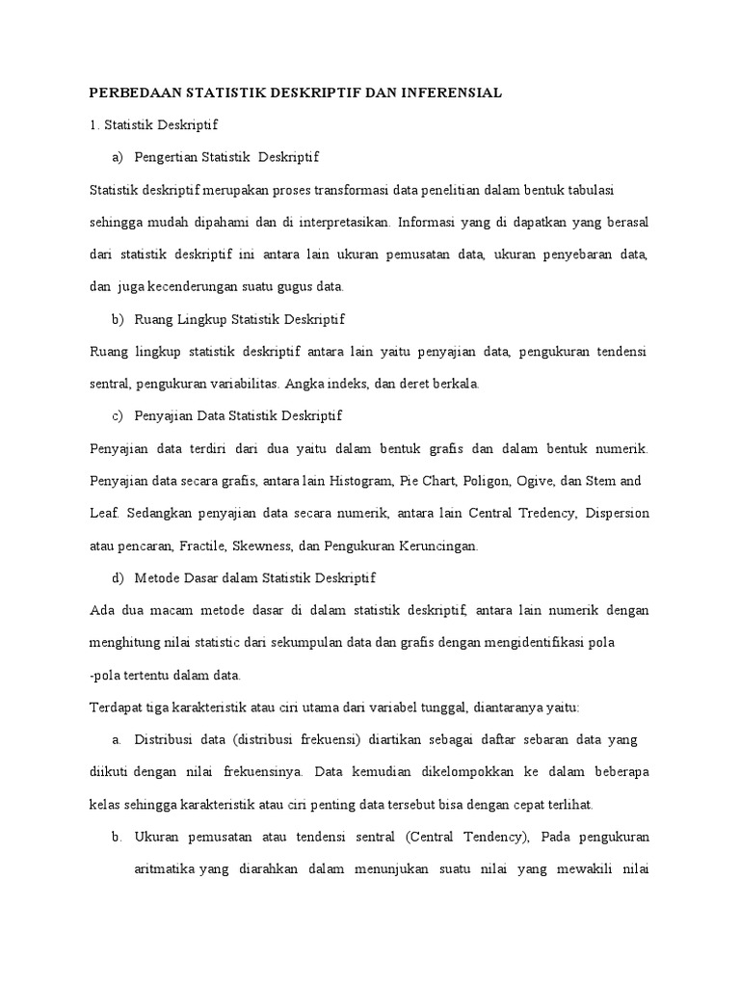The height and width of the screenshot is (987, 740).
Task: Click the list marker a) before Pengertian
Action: pyautogui.click(x=119, y=156)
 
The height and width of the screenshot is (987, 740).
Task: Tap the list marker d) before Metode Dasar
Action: pyautogui.click(x=119, y=577)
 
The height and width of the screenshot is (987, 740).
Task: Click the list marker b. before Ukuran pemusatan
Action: pyautogui.click(x=117, y=836)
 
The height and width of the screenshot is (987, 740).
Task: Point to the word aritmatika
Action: pyautogui.click(x=165, y=868)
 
